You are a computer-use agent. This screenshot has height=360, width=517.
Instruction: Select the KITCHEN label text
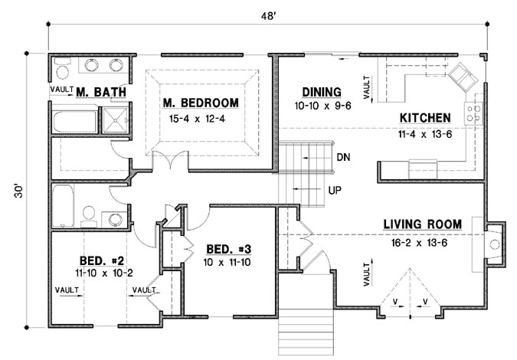pyautogui.click(x=424, y=118)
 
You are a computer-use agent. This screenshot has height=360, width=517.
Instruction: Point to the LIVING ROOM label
pyautogui.click(x=423, y=224)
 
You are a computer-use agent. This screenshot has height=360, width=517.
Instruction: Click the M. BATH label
pyautogui.click(x=101, y=93)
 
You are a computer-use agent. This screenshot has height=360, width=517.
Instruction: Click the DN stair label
pyautogui.click(x=342, y=158)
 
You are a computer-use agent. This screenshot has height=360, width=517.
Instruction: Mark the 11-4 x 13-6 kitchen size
pyautogui.click(x=424, y=134)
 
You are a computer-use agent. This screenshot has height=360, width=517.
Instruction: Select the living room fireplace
pyautogui.click(x=494, y=245)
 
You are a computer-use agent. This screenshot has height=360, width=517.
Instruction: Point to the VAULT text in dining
pyautogui.click(x=366, y=87)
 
